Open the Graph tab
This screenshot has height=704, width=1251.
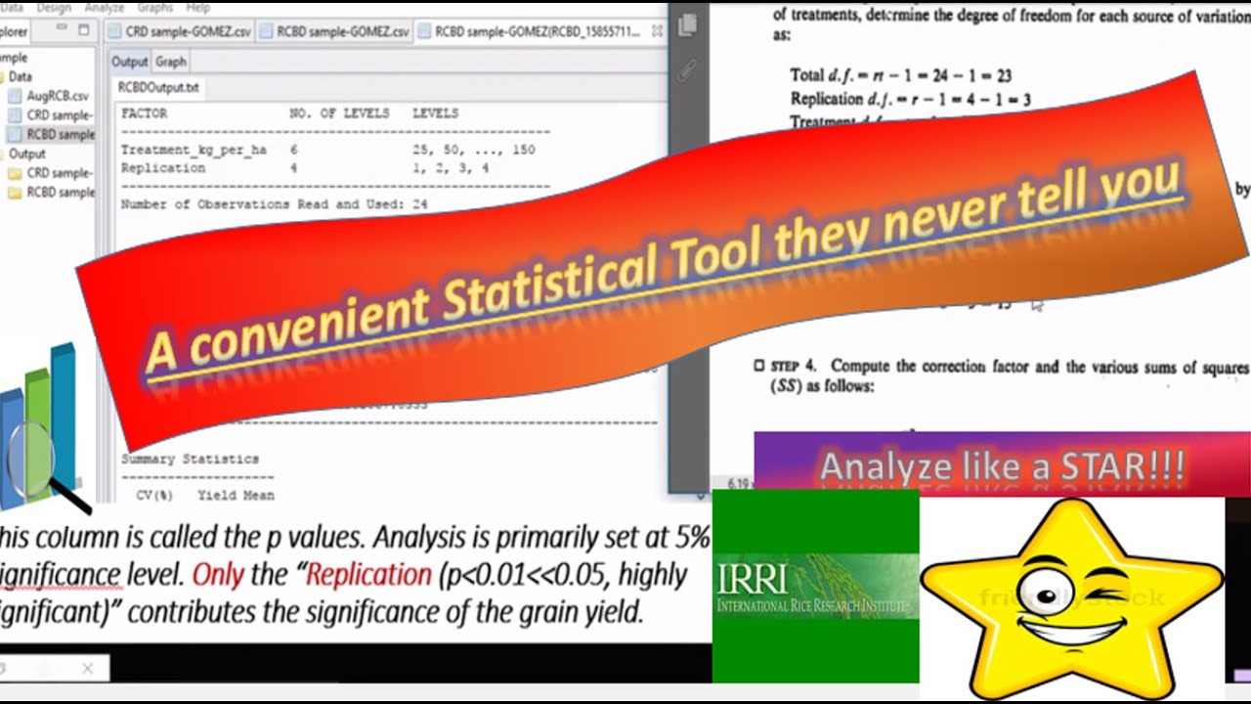(x=170, y=62)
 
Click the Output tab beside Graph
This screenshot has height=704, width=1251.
(x=129, y=62)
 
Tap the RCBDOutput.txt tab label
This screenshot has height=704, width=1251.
(x=158, y=87)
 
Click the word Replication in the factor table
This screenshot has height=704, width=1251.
(x=163, y=167)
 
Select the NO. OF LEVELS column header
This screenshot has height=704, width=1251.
(x=339, y=113)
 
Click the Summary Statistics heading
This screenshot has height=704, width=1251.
(x=190, y=459)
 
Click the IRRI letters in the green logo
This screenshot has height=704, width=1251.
(x=752, y=578)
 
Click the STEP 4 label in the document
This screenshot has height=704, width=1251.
(x=792, y=367)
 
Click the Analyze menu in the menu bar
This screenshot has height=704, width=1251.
(x=104, y=7)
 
